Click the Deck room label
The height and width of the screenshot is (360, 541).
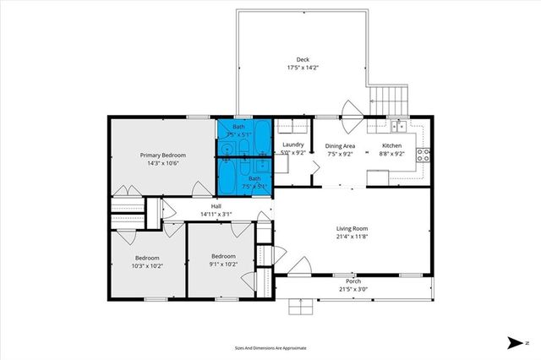coord(303,59)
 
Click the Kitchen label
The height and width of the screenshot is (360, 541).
coord(392,145)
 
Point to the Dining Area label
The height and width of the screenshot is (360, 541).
coord(341,145)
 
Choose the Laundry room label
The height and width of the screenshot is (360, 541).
coord(292,145)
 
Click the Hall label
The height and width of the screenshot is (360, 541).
coord(216,206)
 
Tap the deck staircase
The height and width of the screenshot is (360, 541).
coord(390,101)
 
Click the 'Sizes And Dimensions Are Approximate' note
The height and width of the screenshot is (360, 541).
coord(270,347)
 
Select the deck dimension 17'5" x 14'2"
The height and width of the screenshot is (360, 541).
coord(303,68)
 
